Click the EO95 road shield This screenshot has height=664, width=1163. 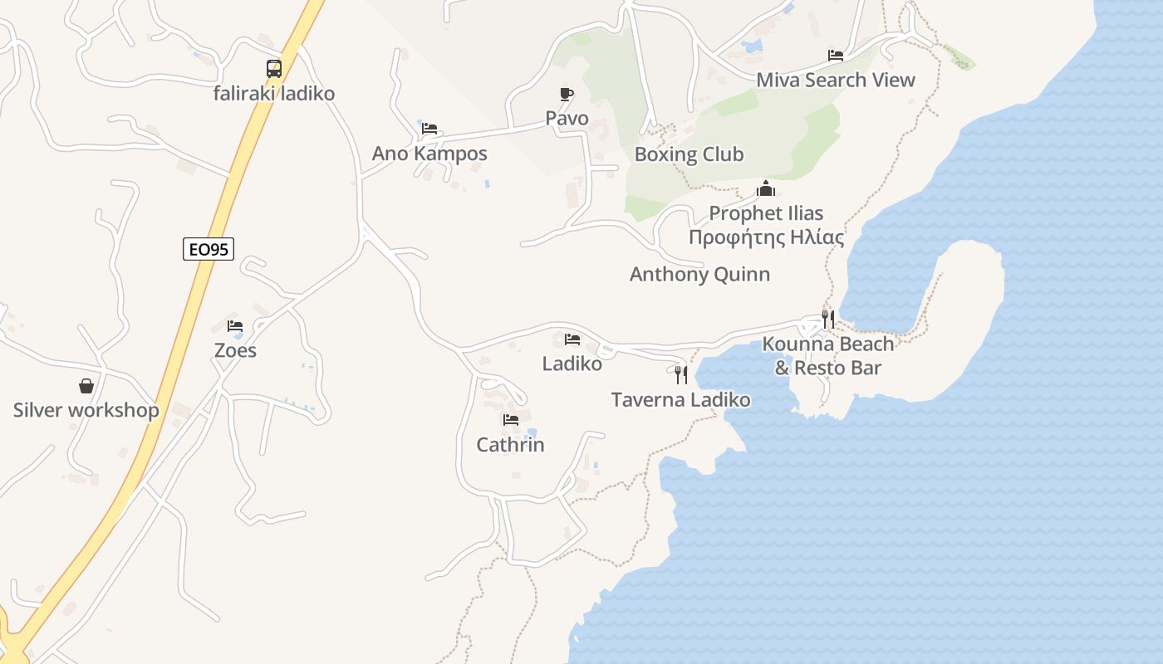click(209, 248)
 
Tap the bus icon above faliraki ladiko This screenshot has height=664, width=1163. click(274, 69)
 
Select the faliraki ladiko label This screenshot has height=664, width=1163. click(274, 93)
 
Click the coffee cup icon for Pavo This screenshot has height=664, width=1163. click(567, 95)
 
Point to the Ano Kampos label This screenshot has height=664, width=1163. click(429, 154)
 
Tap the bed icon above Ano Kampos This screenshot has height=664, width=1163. click(429, 129)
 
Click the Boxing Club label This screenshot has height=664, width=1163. click(689, 154)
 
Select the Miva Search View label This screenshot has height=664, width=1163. click(835, 81)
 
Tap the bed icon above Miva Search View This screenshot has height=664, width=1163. click(836, 56)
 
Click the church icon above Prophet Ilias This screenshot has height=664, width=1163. click(766, 188)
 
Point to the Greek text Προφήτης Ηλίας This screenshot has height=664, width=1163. click(766, 238)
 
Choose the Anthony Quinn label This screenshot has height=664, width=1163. click(699, 274)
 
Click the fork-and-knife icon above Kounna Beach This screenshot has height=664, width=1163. click(827, 319)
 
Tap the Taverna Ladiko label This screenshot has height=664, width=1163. click(680, 400)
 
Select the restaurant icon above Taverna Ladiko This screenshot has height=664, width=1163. click(681, 375)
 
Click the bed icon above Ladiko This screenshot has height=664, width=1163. click(572, 339)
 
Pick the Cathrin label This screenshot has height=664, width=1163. click(510, 445)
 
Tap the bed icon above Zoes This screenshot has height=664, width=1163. click(235, 326)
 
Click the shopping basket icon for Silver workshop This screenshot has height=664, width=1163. click(86, 386)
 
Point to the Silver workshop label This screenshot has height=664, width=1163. click(86, 410)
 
